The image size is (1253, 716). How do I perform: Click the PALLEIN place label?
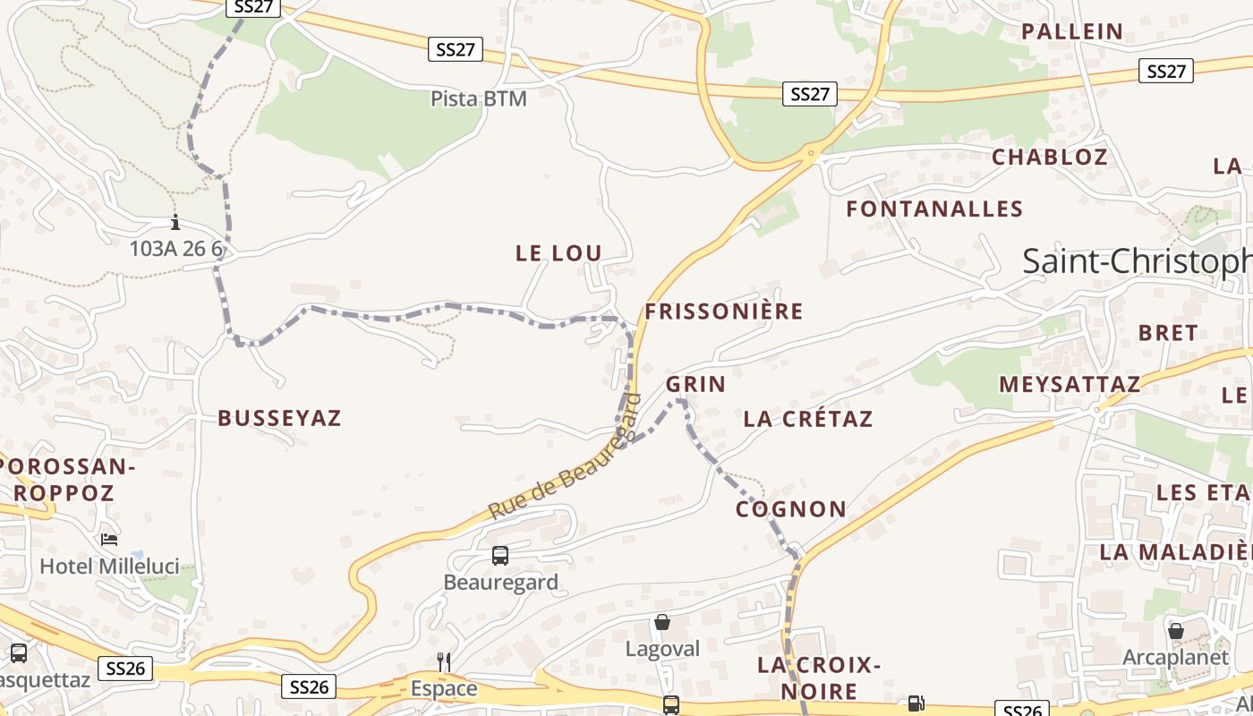click(x=1072, y=31)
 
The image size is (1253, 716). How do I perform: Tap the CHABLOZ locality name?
click(x=1050, y=157)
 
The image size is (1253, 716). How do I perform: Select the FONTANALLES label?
click(x=934, y=209)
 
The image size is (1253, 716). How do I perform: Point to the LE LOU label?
click(x=558, y=253)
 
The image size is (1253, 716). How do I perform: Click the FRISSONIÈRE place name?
click(x=724, y=311)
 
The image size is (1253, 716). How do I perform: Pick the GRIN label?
click(x=695, y=385)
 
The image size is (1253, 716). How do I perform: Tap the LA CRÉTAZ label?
click(x=807, y=419)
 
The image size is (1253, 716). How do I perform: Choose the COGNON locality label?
click(x=791, y=509)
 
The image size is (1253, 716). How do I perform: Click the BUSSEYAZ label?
click(x=279, y=418)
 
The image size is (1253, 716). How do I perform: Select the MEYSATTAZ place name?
click(x=1070, y=385)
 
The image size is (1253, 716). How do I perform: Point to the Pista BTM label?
click(x=479, y=98)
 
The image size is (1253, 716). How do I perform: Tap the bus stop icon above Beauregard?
click(x=500, y=556)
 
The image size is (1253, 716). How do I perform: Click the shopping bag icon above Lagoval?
click(x=662, y=622)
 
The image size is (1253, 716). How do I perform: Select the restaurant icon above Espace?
click(x=444, y=662)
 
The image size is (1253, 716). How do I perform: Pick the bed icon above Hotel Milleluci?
click(x=109, y=540)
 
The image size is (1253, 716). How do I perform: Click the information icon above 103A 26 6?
click(x=175, y=223)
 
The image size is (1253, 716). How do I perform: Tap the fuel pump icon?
click(x=916, y=704)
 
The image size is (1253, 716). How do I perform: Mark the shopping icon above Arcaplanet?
click(x=1176, y=631)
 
